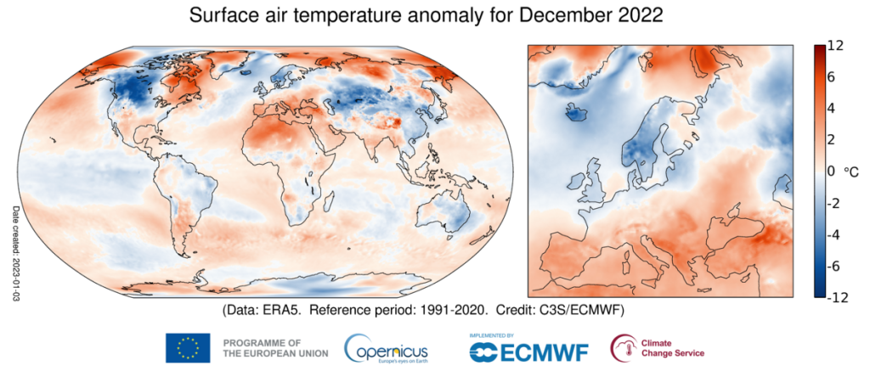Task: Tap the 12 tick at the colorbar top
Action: click(835, 48)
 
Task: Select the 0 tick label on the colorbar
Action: click(831, 171)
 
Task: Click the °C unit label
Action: click(851, 172)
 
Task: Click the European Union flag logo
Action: click(189, 347)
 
